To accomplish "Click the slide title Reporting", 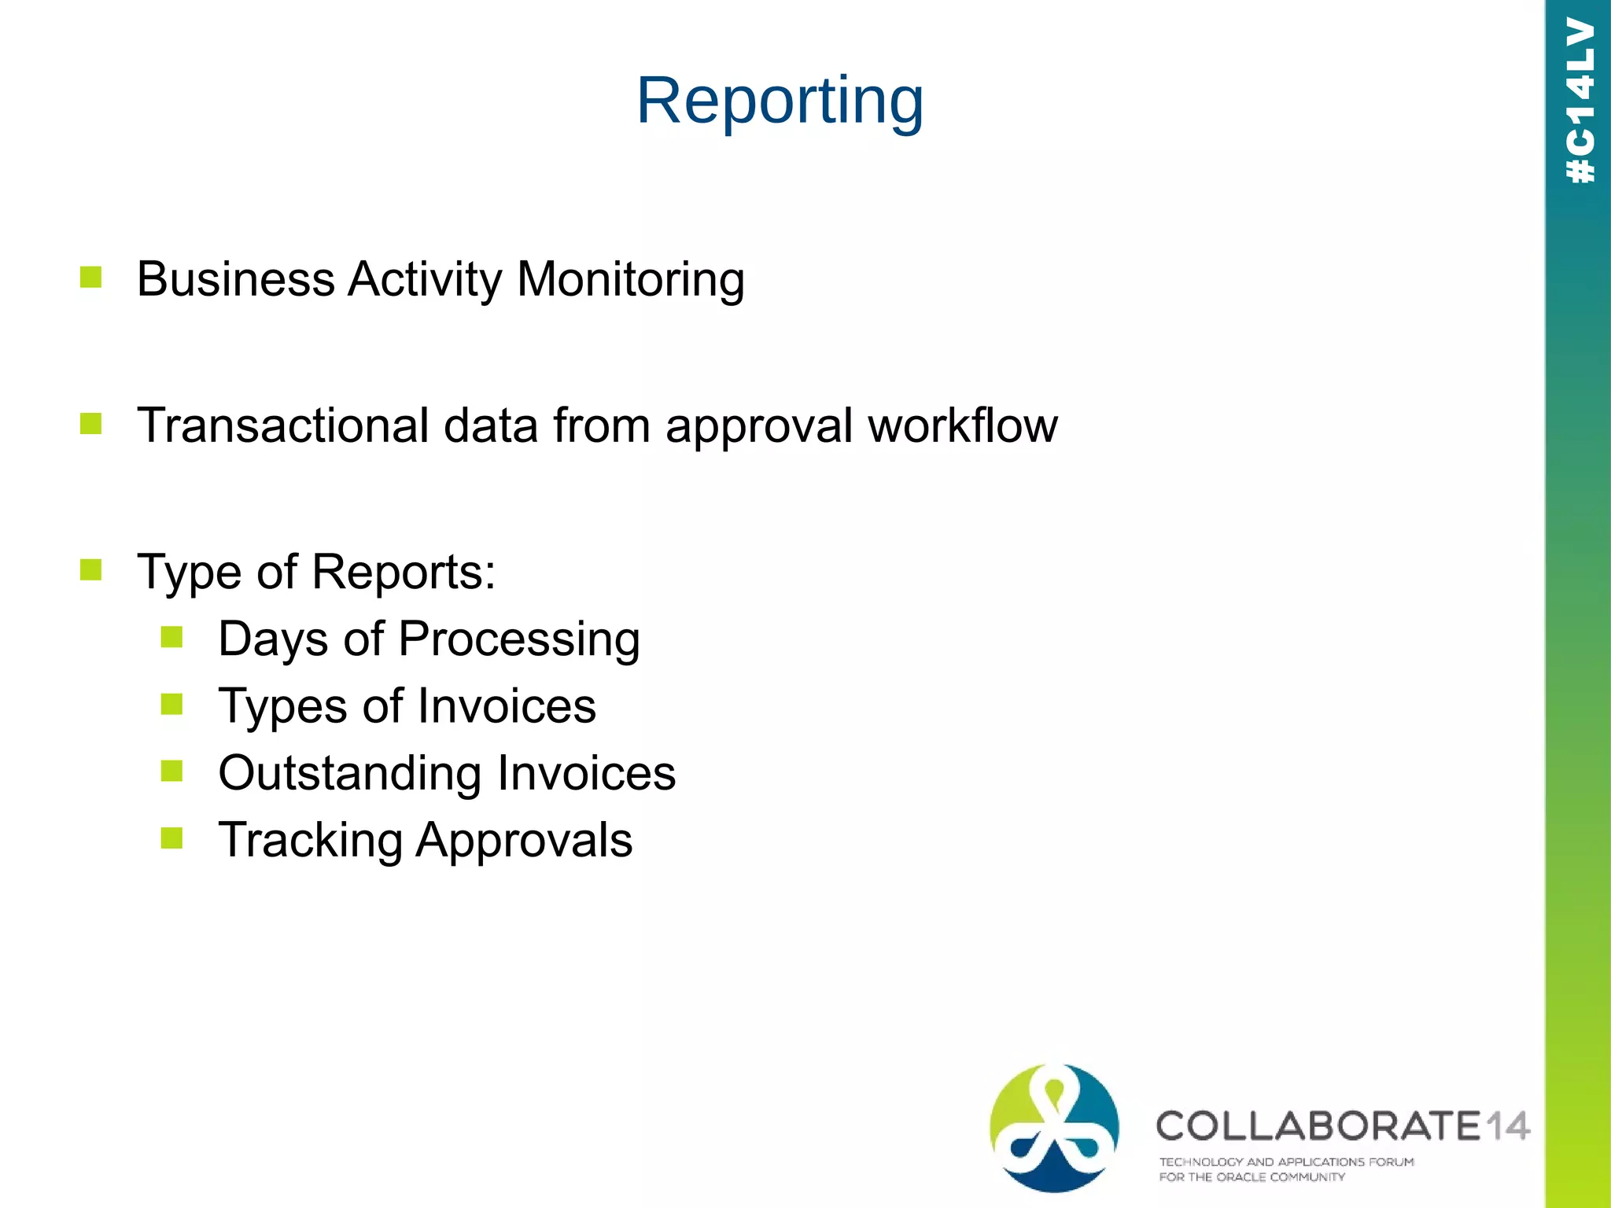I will coord(780,101).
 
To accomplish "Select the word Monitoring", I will coord(630,279).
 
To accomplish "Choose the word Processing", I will coord(519,639).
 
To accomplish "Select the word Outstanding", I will coord(348,773).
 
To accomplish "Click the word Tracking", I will coord(310,840).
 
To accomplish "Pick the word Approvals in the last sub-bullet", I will coord(524,840).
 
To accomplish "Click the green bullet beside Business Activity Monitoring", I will coord(91,277).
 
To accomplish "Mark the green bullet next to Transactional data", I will coord(91,424).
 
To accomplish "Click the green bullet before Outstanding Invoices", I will coord(171,771).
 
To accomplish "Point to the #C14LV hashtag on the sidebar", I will coord(1580,100).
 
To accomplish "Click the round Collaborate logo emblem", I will coord(1054,1127).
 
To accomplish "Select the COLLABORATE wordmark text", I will coord(1318,1126).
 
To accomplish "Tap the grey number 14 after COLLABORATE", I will coord(1507,1126).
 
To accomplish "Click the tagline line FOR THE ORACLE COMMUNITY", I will coord(1252,1177).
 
